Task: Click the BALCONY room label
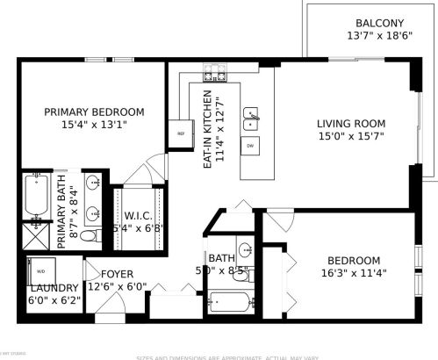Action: (379, 23)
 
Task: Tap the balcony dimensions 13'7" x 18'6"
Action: (379, 36)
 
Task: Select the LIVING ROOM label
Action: (352, 123)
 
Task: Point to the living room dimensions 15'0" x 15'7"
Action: (352, 137)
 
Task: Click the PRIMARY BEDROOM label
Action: (94, 112)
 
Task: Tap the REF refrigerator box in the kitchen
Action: (182, 133)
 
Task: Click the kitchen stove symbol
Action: (214, 73)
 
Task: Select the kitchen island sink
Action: (251, 114)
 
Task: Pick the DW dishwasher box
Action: (250, 146)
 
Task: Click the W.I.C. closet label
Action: (140, 215)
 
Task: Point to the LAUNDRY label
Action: (54, 288)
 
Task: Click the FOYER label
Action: (117, 274)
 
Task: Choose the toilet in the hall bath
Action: (241, 276)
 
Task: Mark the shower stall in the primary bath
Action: (37, 235)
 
